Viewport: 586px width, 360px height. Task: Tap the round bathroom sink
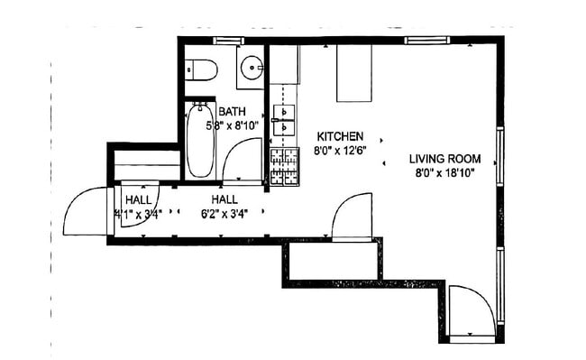pos(252,69)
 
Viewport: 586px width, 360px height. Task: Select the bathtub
pos(199,141)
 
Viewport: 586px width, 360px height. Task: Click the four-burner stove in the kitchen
pos(285,167)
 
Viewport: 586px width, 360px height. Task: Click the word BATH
pos(233,112)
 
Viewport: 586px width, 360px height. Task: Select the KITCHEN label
pos(339,136)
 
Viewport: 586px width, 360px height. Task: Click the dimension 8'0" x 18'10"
pos(444,171)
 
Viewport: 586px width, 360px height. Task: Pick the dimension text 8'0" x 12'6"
pos(339,150)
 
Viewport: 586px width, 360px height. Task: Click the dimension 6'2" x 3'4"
pos(225,214)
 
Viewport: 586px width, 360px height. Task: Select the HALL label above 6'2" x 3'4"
pos(225,199)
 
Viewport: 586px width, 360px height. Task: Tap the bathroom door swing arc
pos(243,163)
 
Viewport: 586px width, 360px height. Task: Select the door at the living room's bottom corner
pos(471,311)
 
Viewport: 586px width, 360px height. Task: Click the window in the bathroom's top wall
pos(228,41)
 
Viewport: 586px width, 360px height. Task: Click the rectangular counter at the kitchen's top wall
pos(355,72)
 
